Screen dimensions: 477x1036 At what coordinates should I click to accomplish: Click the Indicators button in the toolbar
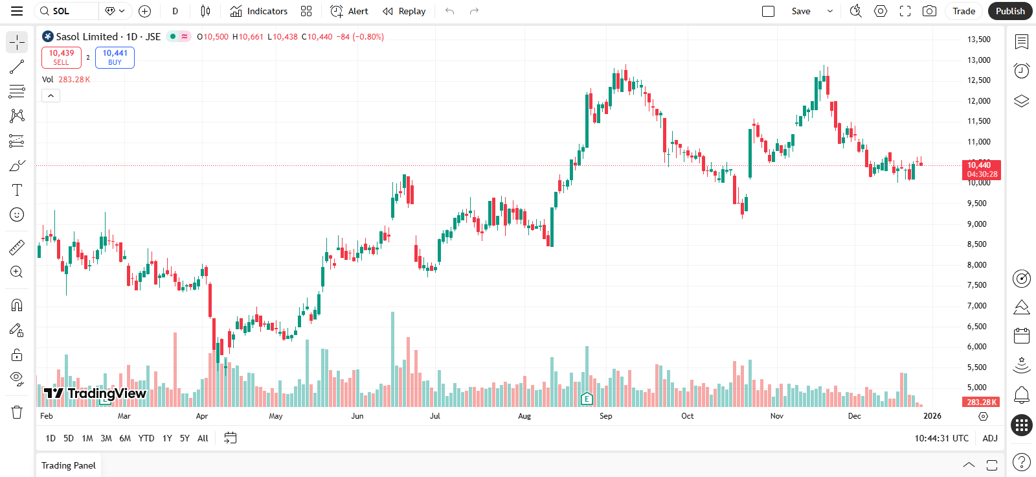[x=259, y=11]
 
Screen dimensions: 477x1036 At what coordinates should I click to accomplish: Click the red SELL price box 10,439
[x=62, y=58]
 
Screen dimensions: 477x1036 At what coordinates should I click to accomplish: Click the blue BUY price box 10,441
[x=115, y=58]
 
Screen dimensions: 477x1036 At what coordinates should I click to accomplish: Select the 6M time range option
[x=125, y=438]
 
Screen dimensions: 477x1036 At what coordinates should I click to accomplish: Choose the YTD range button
[x=146, y=438]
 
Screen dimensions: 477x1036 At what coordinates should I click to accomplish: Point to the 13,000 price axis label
[x=978, y=60]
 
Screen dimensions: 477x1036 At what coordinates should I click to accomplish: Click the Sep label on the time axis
[x=605, y=416]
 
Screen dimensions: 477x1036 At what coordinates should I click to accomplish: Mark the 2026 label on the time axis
[x=932, y=416]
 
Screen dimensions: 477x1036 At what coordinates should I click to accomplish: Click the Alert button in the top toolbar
[x=349, y=11]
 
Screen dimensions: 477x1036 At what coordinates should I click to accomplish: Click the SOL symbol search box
[x=68, y=11]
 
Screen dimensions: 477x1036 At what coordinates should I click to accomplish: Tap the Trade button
[x=963, y=11]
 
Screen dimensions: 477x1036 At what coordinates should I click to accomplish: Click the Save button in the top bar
[x=801, y=11]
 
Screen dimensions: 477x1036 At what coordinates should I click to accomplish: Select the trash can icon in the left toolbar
[x=17, y=412]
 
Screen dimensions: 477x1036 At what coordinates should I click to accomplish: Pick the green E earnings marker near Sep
[x=587, y=399]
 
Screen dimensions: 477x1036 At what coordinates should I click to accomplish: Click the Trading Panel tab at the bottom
[x=69, y=465]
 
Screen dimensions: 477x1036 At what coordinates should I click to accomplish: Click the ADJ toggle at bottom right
[x=989, y=438]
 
